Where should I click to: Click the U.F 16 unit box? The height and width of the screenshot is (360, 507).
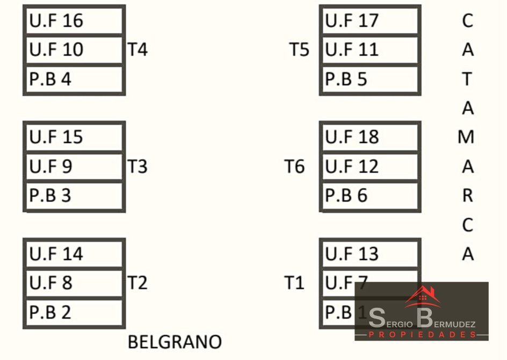pos(74,21)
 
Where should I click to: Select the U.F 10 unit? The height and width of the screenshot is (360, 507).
pos(74,50)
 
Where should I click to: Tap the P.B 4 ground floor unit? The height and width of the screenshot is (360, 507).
pos(74,80)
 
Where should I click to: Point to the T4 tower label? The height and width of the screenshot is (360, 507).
pos(137,50)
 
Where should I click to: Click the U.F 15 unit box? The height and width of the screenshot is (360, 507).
pos(74,137)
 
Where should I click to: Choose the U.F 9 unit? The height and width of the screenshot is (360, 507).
pos(74,167)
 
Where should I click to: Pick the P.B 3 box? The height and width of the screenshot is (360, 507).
pos(74,196)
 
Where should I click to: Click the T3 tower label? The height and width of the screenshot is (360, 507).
pos(137,167)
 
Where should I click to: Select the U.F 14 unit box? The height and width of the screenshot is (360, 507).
pos(74,254)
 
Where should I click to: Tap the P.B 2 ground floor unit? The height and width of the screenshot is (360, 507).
pos(74,312)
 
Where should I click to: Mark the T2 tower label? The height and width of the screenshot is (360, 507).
pos(137,283)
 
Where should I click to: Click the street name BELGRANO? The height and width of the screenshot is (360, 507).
pos(175,342)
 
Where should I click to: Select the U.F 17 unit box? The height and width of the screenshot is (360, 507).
pos(370,21)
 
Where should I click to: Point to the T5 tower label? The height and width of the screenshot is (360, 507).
pos(300,50)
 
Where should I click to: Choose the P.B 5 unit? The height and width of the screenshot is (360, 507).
pos(370,80)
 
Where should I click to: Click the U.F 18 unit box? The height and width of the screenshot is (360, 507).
pos(370,137)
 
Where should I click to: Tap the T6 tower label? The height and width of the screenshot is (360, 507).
pos(294,167)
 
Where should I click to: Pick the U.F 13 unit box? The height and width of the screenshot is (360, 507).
pos(370,254)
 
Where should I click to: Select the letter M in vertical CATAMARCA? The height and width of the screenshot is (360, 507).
pos(466,138)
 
